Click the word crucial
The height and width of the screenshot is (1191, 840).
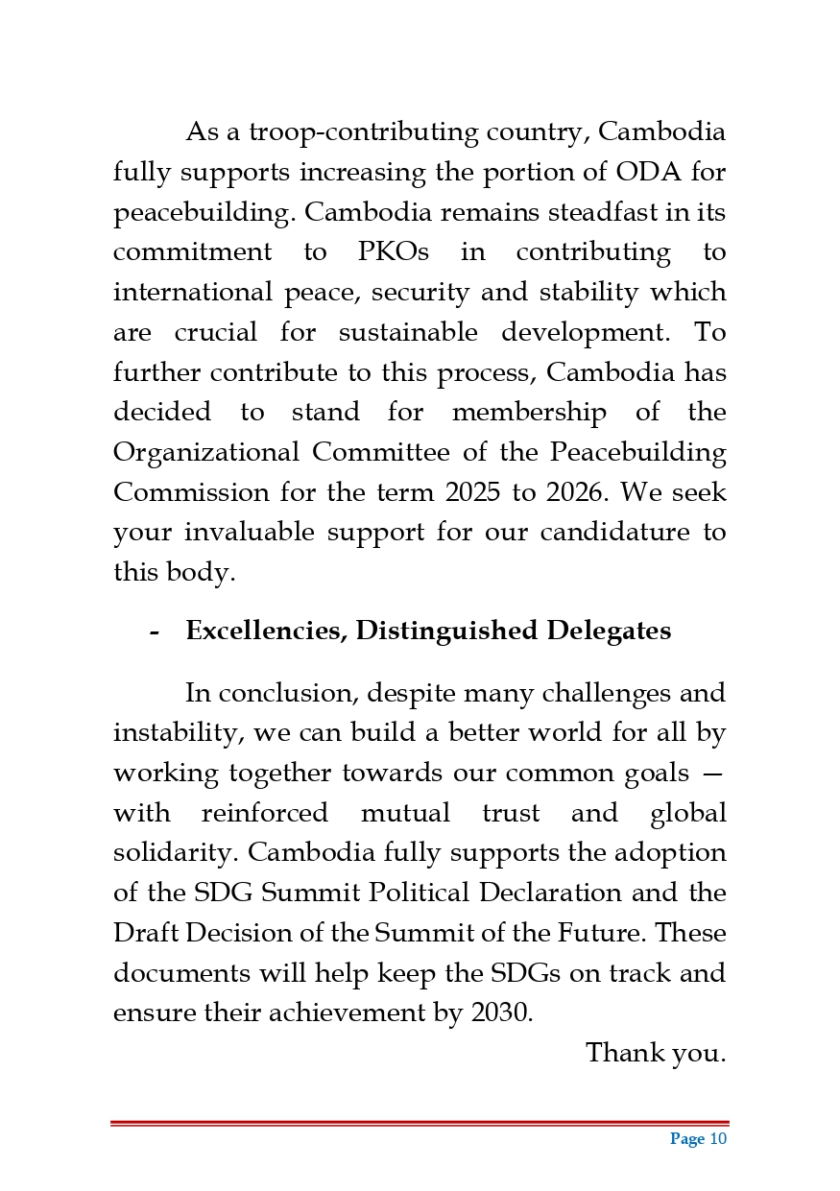[x=216, y=333]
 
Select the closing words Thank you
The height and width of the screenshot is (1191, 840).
[x=655, y=1053]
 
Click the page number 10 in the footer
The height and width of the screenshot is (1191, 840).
[x=718, y=1139]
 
